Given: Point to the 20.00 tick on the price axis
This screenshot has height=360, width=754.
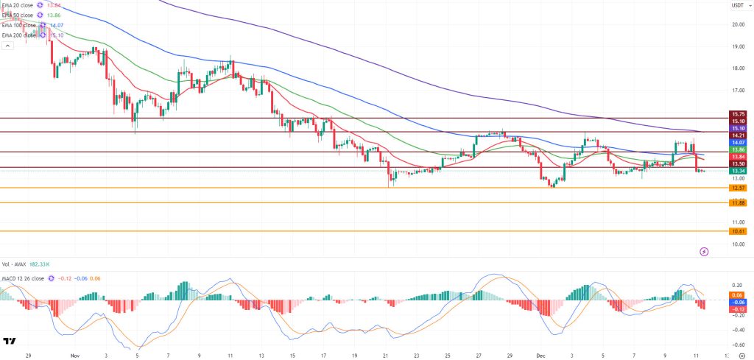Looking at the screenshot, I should click(x=737, y=24).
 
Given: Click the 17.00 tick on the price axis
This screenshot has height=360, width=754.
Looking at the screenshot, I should click(x=737, y=91).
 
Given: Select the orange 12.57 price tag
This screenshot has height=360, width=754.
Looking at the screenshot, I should click(x=738, y=188).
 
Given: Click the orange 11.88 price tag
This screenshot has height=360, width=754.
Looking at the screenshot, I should click(x=738, y=203).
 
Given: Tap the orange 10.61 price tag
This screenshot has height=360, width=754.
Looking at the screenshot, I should click(x=738, y=231).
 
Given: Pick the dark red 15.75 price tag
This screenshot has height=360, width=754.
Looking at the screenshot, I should click(x=738, y=114).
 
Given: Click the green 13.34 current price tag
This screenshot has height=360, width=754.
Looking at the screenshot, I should click(x=738, y=172).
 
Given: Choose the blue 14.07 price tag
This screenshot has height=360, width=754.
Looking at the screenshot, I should click(x=738, y=142).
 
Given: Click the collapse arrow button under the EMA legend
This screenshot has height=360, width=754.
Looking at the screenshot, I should click(x=8, y=45).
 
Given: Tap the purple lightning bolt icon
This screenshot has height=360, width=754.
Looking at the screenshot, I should click(x=704, y=252).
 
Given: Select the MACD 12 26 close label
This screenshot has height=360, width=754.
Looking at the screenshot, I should click(x=26, y=278).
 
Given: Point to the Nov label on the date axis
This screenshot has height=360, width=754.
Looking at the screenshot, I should click(x=75, y=353).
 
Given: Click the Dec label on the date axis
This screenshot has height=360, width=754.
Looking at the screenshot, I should click(x=535, y=353).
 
